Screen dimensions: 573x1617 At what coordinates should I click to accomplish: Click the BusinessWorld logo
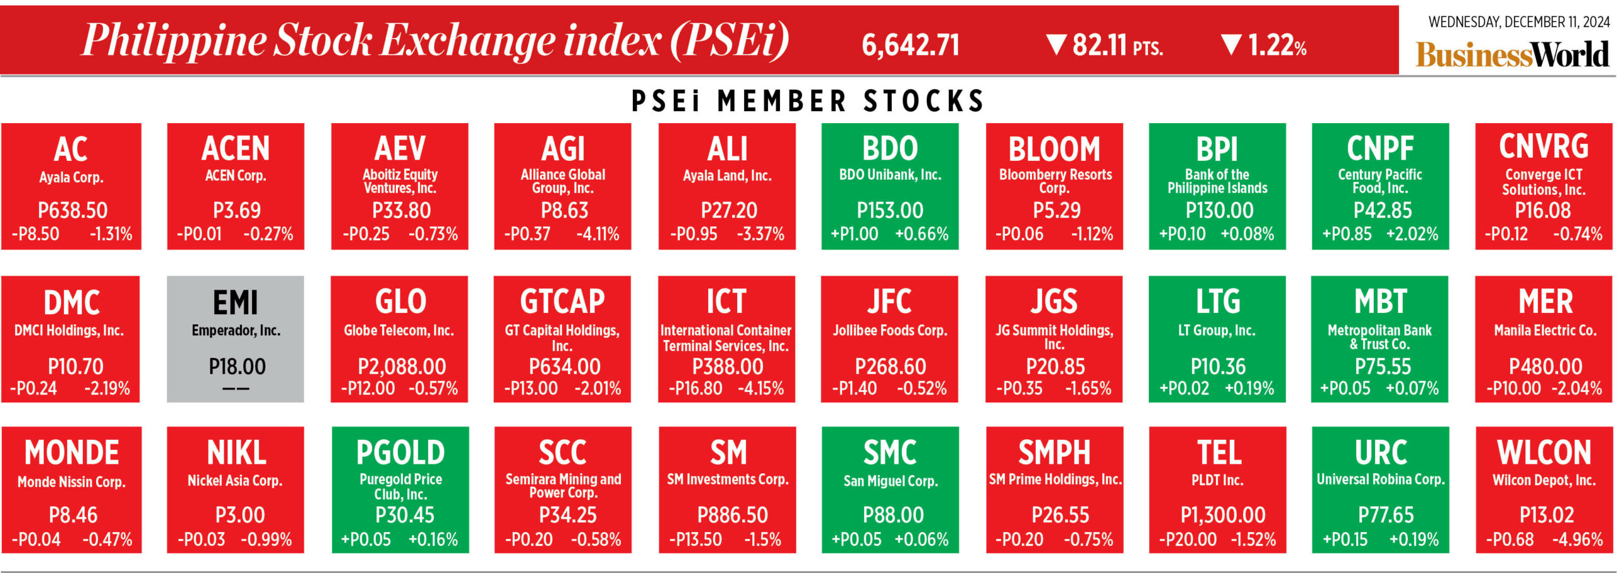1512,54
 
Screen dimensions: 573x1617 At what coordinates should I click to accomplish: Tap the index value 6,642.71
910,45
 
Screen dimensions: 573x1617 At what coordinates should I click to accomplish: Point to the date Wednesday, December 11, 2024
1518,22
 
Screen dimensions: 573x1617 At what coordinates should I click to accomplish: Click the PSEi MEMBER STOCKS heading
808,101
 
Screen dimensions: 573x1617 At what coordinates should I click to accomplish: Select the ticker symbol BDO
890,149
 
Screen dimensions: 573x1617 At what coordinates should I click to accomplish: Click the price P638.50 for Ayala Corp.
73,210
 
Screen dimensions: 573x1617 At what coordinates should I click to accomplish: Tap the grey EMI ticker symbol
236,302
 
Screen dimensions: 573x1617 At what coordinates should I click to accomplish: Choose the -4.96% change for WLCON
1577,540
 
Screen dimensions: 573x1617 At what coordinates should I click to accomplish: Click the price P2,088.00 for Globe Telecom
402,367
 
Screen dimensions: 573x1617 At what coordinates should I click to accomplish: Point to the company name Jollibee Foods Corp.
890,330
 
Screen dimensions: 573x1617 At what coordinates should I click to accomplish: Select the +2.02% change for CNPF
1412,234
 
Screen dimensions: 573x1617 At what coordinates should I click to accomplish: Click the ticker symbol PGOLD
400,452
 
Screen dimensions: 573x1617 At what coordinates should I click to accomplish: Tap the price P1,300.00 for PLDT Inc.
1223,515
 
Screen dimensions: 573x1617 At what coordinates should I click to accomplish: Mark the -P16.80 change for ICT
695,388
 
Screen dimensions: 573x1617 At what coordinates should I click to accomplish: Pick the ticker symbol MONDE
72,452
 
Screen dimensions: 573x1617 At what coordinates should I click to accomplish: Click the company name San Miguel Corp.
890,481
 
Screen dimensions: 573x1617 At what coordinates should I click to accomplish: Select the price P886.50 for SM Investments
732,515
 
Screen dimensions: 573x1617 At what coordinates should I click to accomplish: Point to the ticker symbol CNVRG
1544,146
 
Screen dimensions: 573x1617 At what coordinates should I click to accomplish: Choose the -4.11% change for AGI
598,234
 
